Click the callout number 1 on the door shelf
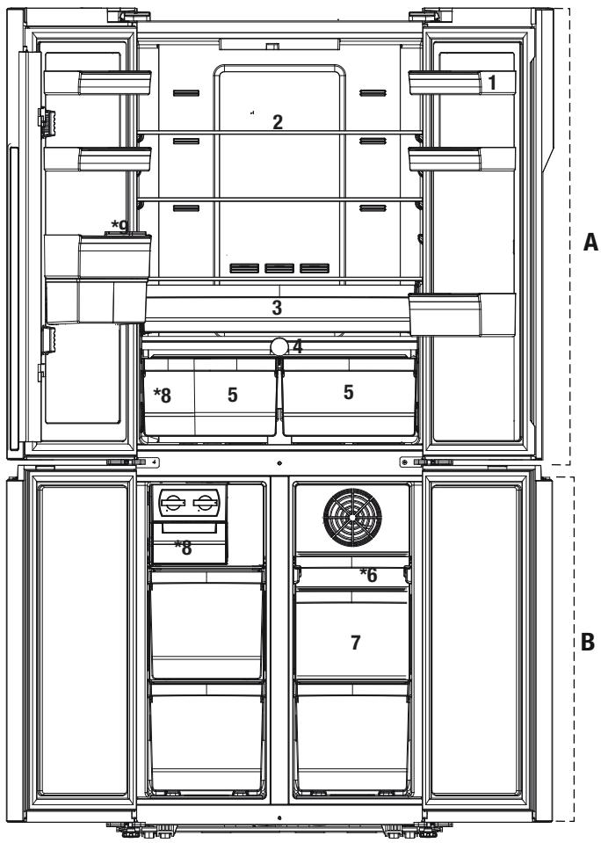pos(492,83)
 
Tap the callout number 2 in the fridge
pos(278,122)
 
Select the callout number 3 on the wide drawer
pos(277,308)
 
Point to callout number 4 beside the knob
pos(297,346)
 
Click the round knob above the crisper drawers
pos(279,346)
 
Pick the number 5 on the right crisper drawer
pos(348,392)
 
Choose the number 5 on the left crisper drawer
pos(232,395)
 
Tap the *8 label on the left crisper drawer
pos(163,396)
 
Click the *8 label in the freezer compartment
pos(184,548)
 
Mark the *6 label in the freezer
pos(369,575)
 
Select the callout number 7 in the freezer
pos(355,642)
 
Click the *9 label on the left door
pos(120,227)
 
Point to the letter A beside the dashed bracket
pos(590,243)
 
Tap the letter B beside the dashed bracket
pos(588,642)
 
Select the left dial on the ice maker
pos(172,503)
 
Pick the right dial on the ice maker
pos(205,503)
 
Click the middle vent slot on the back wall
pos(279,268)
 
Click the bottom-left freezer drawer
pos(206,738)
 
